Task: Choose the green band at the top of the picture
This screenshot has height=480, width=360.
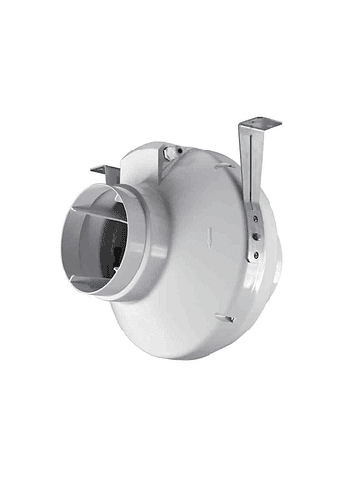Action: (180, 30)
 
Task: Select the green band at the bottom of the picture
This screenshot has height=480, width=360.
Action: (180, 450)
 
